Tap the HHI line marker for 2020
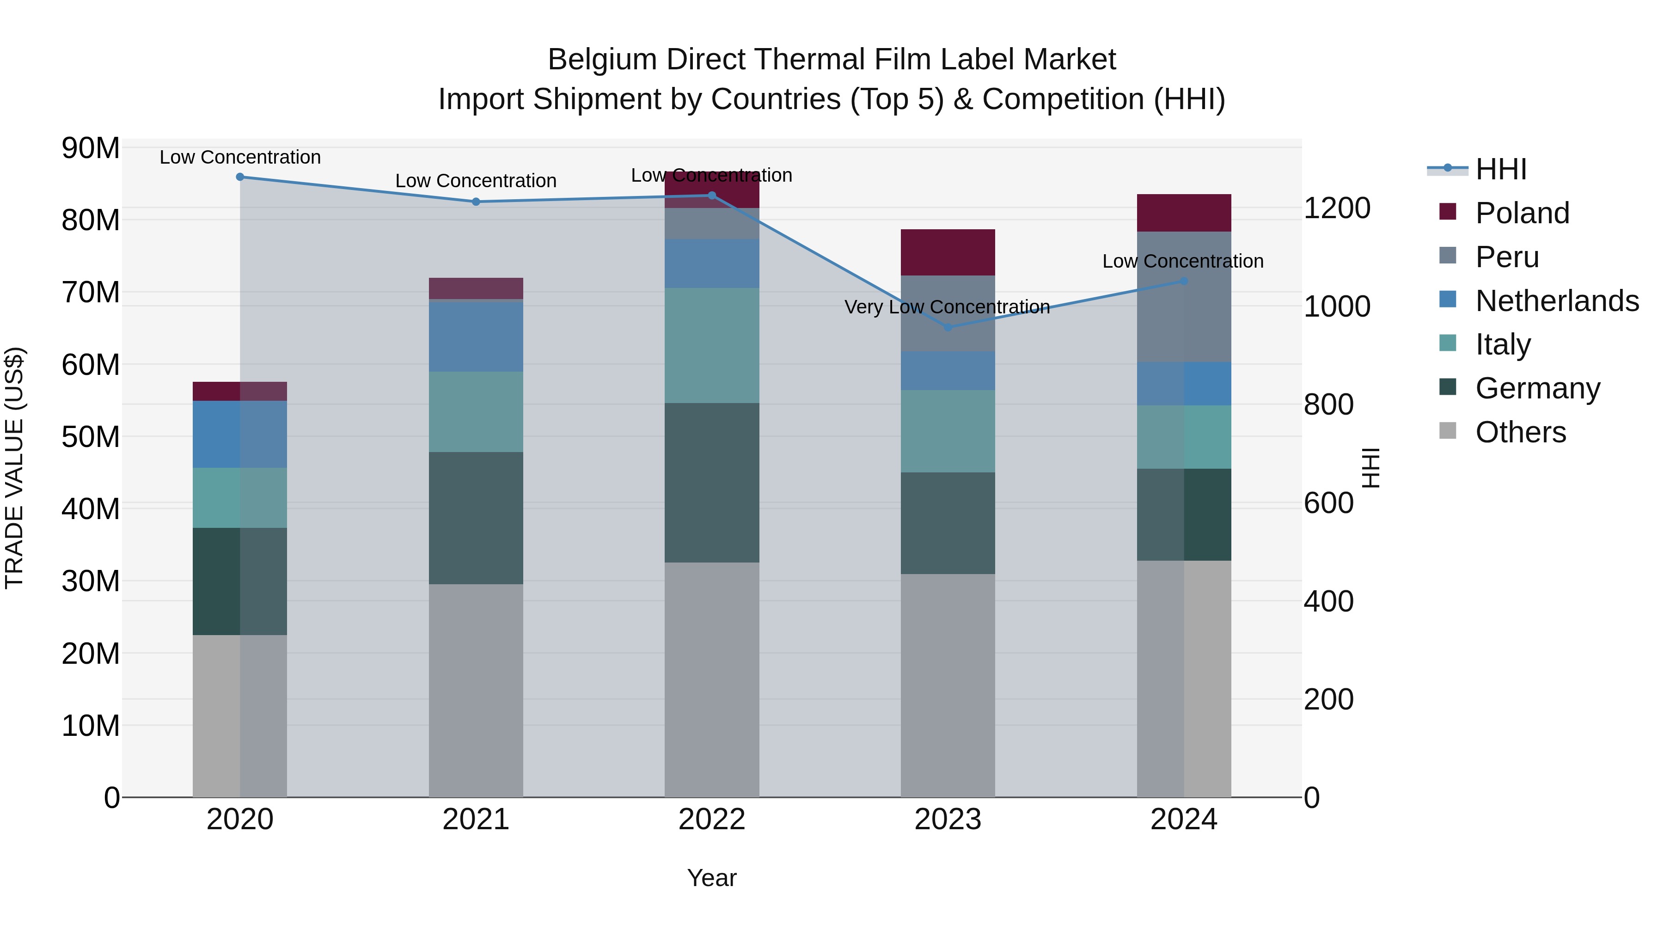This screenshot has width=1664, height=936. click(x=239, y=177)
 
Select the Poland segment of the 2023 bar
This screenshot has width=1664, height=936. click(x=948, y=252)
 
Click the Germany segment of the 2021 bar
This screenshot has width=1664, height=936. click(x=476, y=518)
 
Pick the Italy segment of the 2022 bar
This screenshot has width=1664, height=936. click(x=712, y=346)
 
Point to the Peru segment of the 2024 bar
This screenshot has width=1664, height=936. click(x=1183, y=297)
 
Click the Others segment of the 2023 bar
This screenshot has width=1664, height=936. click(x=948, y=685)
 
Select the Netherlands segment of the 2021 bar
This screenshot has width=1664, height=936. click(x=476, y=336)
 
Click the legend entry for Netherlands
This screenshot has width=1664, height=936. click(x=1556, y=301)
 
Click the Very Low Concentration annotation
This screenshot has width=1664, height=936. click(x=947, y=307)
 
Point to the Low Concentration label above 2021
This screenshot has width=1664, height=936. click(x=476, y=181)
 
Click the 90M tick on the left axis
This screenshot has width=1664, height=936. click(x=91, y=148)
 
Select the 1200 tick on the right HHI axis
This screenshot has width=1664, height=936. click(x=1336, y=208)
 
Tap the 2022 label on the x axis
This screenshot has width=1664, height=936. click(x=712, y=820)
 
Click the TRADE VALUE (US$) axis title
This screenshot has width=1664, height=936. click(x=14, y=468)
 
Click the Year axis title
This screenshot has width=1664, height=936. click(x=712, y=878)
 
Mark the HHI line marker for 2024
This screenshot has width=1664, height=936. click(x=1183, y=281)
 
